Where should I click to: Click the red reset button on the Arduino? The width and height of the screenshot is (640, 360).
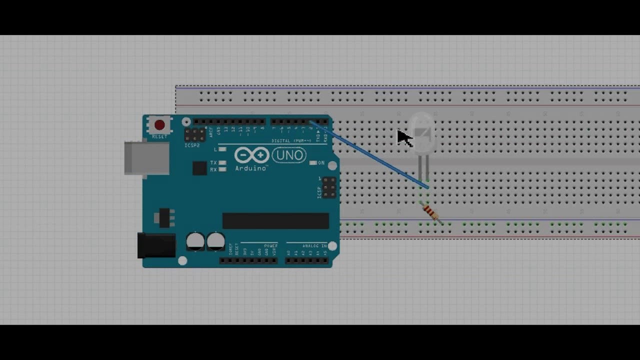click(159, 124)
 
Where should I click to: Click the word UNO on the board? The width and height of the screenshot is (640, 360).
click(289, 155)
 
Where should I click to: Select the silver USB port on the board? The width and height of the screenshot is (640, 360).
click(146, 158)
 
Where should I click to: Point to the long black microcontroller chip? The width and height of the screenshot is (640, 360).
click(275, 220)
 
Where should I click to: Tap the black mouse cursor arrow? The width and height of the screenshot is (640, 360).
click(403, 137)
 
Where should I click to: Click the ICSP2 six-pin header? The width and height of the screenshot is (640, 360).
click(194, 134)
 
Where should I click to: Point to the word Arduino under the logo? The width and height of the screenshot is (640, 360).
click(250, 168)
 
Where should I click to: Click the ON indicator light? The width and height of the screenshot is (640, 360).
click(313, 163)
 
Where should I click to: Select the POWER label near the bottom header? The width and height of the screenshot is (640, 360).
click(270, 246)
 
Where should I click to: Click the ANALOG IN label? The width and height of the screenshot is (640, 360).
click(313, 246)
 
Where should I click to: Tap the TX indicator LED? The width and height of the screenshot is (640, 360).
click(223, 163)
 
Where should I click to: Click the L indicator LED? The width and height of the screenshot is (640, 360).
click(223, 149)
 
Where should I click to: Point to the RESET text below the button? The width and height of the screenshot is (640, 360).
click(159, 136)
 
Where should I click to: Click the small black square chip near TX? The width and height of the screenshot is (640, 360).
click(199, 168)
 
